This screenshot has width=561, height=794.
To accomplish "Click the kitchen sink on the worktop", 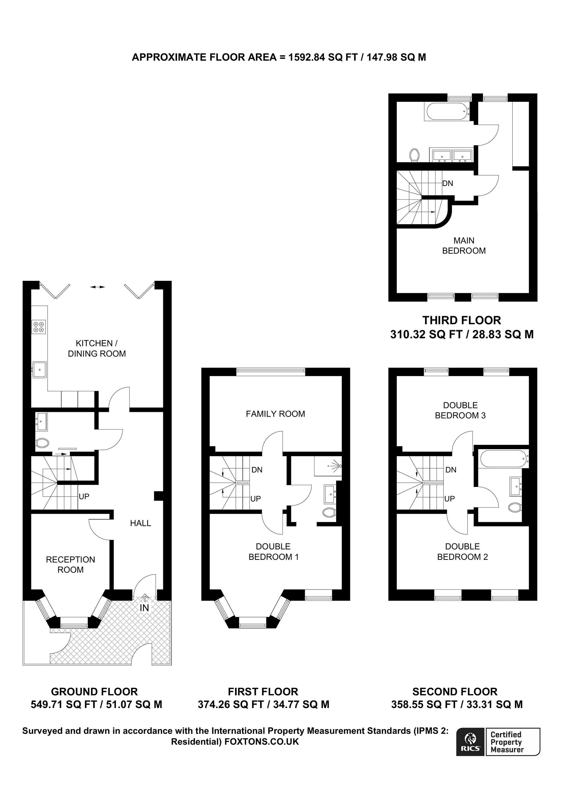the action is pos(40,370).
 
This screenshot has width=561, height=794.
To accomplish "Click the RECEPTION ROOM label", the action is pos(71,565).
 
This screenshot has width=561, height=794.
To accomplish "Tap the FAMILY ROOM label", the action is pos(275,414).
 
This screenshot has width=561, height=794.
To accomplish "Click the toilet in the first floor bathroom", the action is pos(329,512).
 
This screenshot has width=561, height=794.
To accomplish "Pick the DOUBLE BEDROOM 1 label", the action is pos(273,552).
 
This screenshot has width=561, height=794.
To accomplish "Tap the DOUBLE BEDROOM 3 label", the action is pos(461,410).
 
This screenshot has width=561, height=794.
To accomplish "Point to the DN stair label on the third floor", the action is pos(448,183).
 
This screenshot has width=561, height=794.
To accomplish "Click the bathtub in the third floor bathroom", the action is pos(447,111).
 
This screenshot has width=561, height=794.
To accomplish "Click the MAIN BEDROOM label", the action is pos(464,246).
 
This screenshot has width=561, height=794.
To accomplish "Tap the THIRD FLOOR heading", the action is pos(462,320).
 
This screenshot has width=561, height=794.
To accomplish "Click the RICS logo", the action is pos(470,747).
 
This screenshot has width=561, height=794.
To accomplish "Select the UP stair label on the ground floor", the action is pos(84,497).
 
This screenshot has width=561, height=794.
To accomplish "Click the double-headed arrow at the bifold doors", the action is pos(97,287).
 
